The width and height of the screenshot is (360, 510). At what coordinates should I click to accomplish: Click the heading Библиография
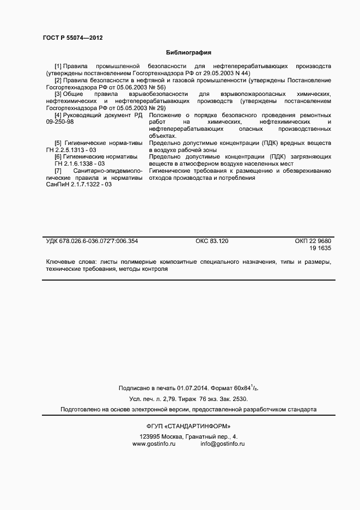pyautogui.click(x=188, y=52)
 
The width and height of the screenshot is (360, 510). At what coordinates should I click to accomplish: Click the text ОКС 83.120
pyautogui.click(x=212, y=240)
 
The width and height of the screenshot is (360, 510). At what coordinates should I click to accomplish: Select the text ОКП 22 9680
pyautogui.click(x=312, y=240)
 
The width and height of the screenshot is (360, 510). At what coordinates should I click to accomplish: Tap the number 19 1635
pyautogui.click(x=320, y=248)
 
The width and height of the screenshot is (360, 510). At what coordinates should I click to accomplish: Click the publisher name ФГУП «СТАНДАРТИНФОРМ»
pyautogui.click(x=188, y=426)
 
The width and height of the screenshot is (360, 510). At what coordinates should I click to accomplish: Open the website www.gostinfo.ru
pyautogui.click(x=154, y=444)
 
